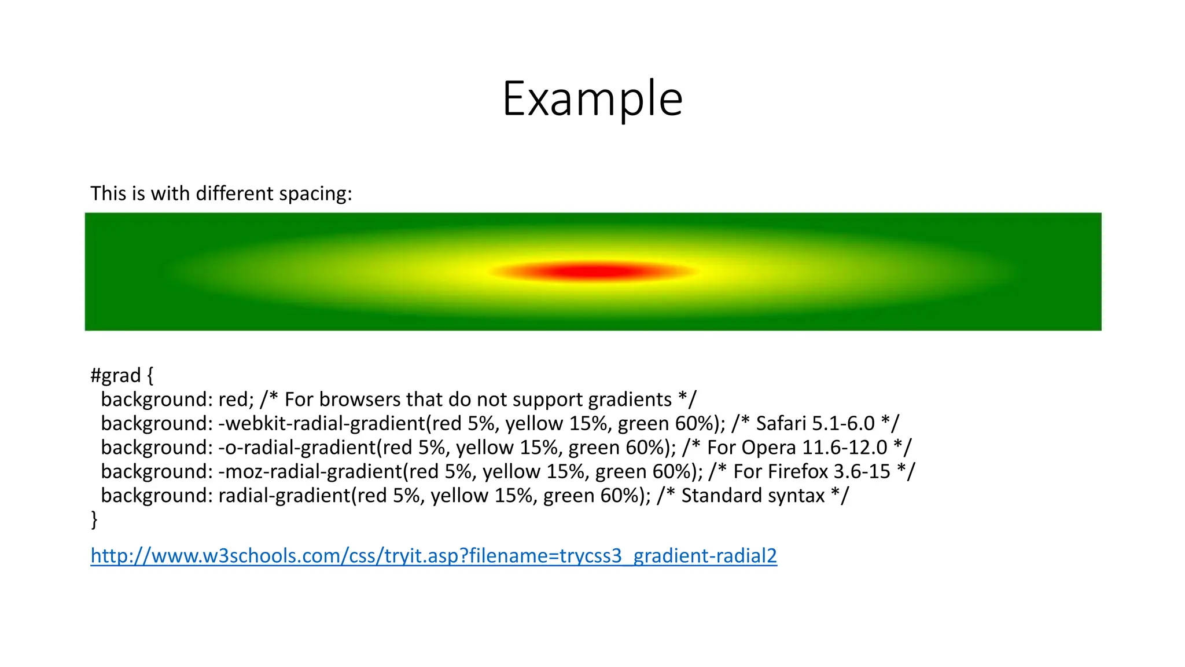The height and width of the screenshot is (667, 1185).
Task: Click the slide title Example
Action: (x=592, y=98)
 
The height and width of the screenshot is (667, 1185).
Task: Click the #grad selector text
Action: (x=116, y=375)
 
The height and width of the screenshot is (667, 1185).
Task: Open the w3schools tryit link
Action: (x=433, y=555)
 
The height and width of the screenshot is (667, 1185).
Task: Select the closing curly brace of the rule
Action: (x=94, y=519)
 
